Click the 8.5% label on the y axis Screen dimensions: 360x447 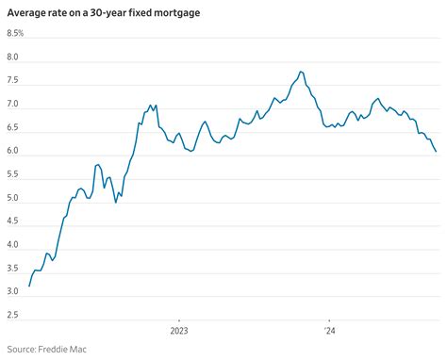coord(16,34)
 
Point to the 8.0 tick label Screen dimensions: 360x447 coord(13,57)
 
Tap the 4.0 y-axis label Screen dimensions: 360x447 coord(13,246)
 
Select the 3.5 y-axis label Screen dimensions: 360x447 coord(13,270)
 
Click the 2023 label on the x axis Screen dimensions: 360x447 coord(179,331)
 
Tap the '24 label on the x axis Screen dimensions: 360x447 coord(329,331)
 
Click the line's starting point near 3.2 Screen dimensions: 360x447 coord(29,286)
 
